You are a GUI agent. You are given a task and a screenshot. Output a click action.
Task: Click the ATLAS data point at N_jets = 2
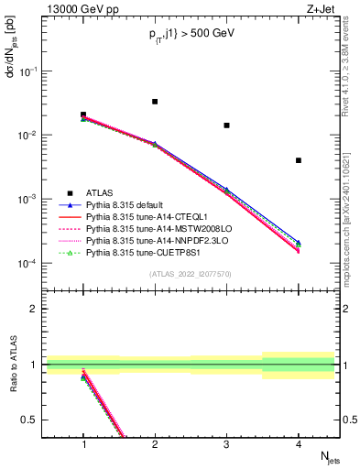[x=155, y=102]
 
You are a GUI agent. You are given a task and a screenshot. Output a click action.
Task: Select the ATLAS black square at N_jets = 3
[x=226, y=125]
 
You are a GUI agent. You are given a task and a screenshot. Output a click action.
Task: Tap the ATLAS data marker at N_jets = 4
[x=299, y=160]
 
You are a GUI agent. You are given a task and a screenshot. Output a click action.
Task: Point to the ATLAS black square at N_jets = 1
[x=83, y=115]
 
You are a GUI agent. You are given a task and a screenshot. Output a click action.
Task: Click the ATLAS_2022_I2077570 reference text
[x=191, y=274]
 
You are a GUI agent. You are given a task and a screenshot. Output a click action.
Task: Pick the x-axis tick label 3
[x=226, y=444]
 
